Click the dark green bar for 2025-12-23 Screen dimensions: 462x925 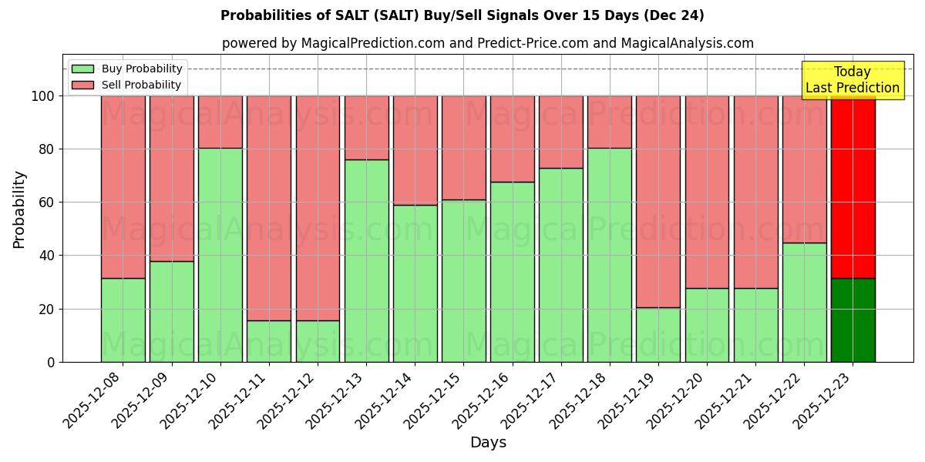[853, 320]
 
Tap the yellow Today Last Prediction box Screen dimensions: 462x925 [853, 80]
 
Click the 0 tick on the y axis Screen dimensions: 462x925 [50, 362]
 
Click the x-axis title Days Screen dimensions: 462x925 [488, 443]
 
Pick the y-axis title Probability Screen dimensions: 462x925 [19, 209]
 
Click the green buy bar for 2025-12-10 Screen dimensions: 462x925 [220, 255]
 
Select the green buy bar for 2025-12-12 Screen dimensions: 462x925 [318, 341]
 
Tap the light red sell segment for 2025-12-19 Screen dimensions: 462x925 [658, 202]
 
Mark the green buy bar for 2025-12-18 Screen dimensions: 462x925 [609, 255]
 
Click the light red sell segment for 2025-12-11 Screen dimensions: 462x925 [269, 208]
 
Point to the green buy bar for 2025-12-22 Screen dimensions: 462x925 [804, 303]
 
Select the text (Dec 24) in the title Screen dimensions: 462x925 [675, 15]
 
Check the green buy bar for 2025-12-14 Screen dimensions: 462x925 [415, 283]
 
